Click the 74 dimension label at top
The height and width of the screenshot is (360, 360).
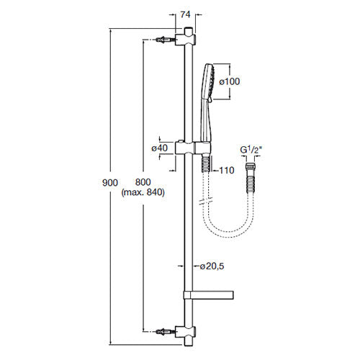(x=185, y=14)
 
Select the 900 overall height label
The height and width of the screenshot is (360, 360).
(x=110, y=183)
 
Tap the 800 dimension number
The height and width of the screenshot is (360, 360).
(x=143, y=182)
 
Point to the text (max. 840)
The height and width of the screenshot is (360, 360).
(x=143, y=192)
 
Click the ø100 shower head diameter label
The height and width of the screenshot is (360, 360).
(x=230, y=81)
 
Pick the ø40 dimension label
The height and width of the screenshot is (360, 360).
(x=159, y=148)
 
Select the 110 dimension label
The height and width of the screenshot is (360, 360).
(x=227, y=171)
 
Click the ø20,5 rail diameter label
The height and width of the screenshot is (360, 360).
(x=212, y=266)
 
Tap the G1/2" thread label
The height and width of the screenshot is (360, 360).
(x=251, y=150)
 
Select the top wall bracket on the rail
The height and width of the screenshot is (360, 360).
(x=185, y=40)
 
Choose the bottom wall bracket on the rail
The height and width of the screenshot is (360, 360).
(x=185, y=332)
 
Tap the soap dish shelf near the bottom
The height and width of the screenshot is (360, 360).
(x=209, y=295)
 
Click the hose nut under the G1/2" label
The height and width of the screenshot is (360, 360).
(x=251, y=166)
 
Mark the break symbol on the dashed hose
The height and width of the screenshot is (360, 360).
(x=206, y=201)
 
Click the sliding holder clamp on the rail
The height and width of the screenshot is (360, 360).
(x=193, y=148)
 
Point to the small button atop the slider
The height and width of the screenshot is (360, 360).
(x=180, y=140)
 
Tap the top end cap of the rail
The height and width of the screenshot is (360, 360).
(x=189, y=31)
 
